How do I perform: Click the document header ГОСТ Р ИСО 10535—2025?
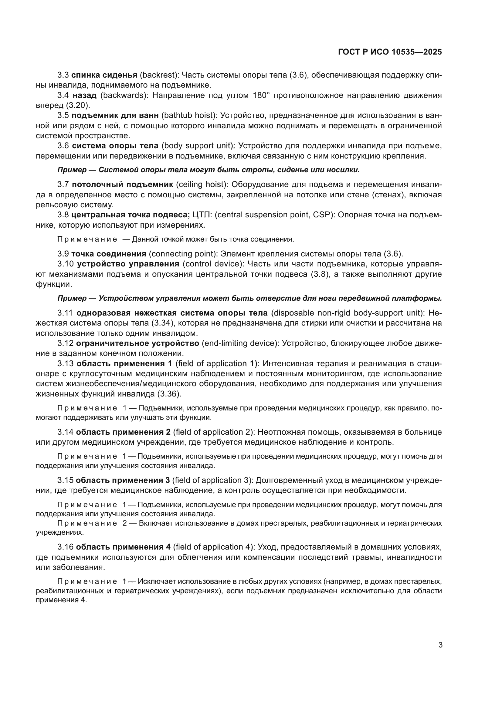click(x=390, y=52)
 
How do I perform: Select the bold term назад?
click(x=85, y=95)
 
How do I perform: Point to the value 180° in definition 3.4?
click(x=261, y=95)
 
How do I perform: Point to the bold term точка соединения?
click(x=109, y=254)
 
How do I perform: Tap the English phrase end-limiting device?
click(x=240, y=343)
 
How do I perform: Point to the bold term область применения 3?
click(x=123, y=480)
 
